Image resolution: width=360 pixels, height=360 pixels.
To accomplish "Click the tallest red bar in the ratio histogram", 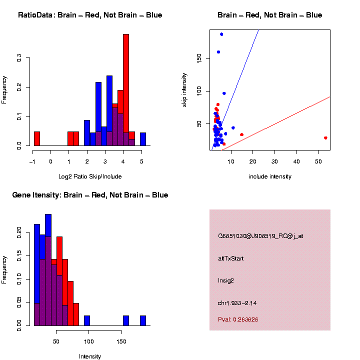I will click(x=126, y=90).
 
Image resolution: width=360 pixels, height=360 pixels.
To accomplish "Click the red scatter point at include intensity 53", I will click(x=325, y=138).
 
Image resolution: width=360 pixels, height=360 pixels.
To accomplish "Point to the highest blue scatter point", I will click(x=221, y=34).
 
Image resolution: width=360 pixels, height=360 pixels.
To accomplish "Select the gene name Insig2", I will click(x=225, y=280).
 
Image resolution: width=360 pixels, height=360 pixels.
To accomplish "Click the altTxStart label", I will click(x=231, y=258).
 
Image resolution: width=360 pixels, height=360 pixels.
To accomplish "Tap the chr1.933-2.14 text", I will click(x=237, y=303).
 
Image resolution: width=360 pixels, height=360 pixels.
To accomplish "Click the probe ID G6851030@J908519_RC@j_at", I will click(x=260, y=236).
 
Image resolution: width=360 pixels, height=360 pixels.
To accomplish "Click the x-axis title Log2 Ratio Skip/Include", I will click(x=90, y=176).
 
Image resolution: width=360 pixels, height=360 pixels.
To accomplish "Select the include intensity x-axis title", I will click(x=269, y=176).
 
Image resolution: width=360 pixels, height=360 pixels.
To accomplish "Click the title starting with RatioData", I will click(x=90, y=15).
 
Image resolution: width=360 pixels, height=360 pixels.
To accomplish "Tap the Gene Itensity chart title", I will click(x=90, y=195).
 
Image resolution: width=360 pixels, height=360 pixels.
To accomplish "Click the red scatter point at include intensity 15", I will click(x=242, y=134).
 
